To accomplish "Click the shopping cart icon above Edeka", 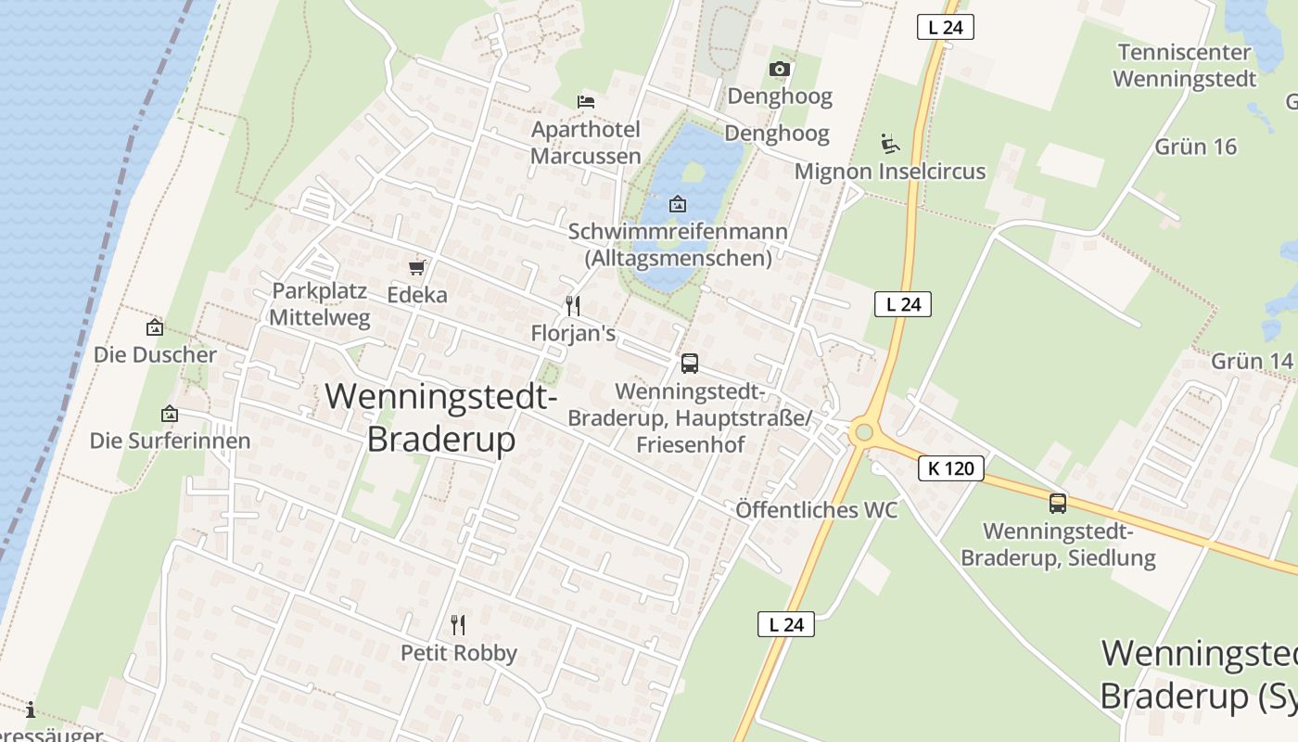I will click(417, 268).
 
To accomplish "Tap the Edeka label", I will click(417, 295).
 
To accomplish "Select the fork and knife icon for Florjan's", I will click(573, 305).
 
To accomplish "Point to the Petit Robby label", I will click(459, 653).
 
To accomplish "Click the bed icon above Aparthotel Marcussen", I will click(585, 101).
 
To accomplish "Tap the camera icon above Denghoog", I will click(780, 69).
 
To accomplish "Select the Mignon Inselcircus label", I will click(890, 172).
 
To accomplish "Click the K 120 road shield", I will click(951, 468).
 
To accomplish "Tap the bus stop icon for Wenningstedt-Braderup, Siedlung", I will click(1058, 504).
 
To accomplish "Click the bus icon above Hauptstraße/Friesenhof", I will click(690, 364).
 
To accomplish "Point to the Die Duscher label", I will click(155, 354).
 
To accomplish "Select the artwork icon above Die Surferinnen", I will click(169, 414).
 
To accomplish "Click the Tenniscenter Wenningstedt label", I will click(1185, 65).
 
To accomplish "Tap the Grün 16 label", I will click(1196, 147).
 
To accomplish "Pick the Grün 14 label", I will click(1252, 361).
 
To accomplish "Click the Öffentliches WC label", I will click(817, 509).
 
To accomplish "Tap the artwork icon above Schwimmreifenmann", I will click(678, 204).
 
